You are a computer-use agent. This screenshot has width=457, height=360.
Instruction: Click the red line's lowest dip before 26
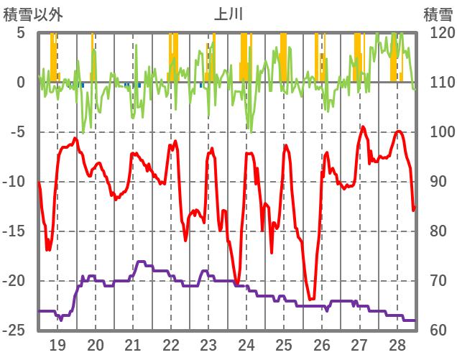(311, 299)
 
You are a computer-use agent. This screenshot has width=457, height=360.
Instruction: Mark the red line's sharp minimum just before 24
(236, 283)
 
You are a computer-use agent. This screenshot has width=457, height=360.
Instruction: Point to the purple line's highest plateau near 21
(140, 262)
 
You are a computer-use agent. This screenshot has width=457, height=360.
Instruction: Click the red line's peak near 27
(363, 127)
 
